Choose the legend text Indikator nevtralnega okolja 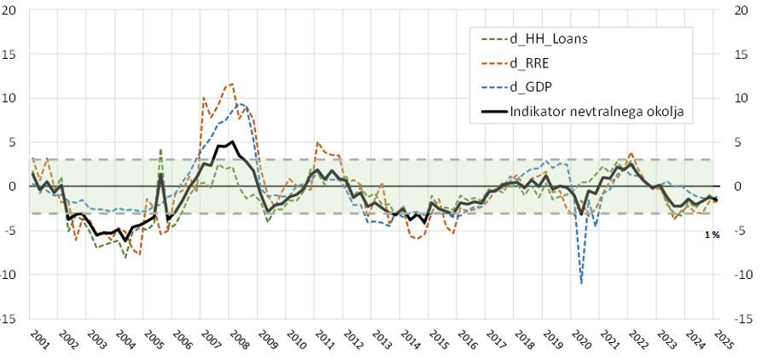click(596, 110)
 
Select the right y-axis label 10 click(742, 98)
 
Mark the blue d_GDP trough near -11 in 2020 click(581, 282)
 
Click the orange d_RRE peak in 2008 click(231, 84)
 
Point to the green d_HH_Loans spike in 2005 click(160, 150)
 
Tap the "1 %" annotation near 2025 click(712, 235)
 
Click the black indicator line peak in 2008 click(232, 142)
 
